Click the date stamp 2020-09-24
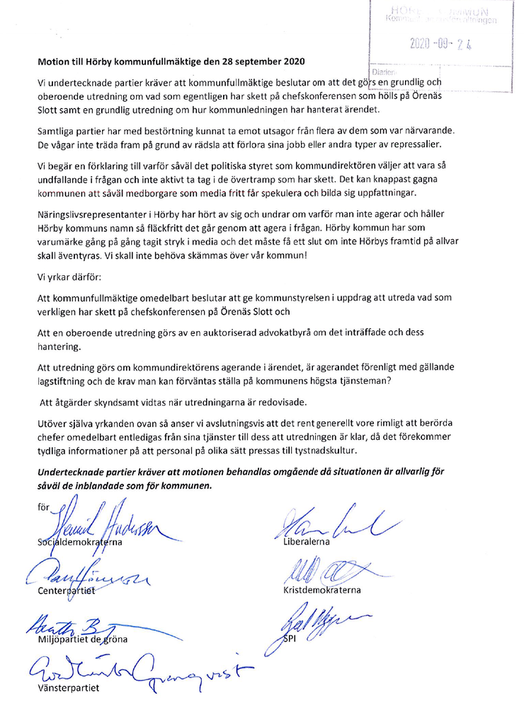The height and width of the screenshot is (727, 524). click(x=440, y=45)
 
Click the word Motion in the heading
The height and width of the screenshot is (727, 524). click(x=54, y=62)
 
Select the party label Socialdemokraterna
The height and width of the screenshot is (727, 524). click(x=80, y=542)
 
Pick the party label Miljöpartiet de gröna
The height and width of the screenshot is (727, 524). click(x=83, y=639)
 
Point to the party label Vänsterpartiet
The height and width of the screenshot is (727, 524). click(x=69, y=687)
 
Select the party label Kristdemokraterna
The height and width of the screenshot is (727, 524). click(x=322, y=590)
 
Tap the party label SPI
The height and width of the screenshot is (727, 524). click(x=290, y=639)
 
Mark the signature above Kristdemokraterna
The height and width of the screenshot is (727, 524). click(x=326, y=570)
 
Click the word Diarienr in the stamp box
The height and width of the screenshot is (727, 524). click(x=382, y=71)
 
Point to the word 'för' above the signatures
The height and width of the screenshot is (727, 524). click(x=44, y=506)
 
